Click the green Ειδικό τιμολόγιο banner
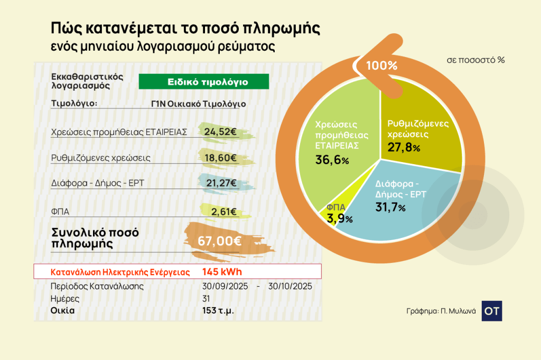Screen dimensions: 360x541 point(204,82)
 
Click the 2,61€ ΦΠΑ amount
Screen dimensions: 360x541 point(223,212)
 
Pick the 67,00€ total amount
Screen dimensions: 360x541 point(220,241)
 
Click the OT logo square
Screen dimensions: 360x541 point(492,311)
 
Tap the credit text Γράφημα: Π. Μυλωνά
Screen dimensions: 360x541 point(441,311)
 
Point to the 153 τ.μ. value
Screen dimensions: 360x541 point(218,310)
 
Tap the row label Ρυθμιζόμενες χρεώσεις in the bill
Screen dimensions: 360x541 point(101,158)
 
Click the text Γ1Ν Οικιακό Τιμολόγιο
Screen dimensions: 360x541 point(198,104)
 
